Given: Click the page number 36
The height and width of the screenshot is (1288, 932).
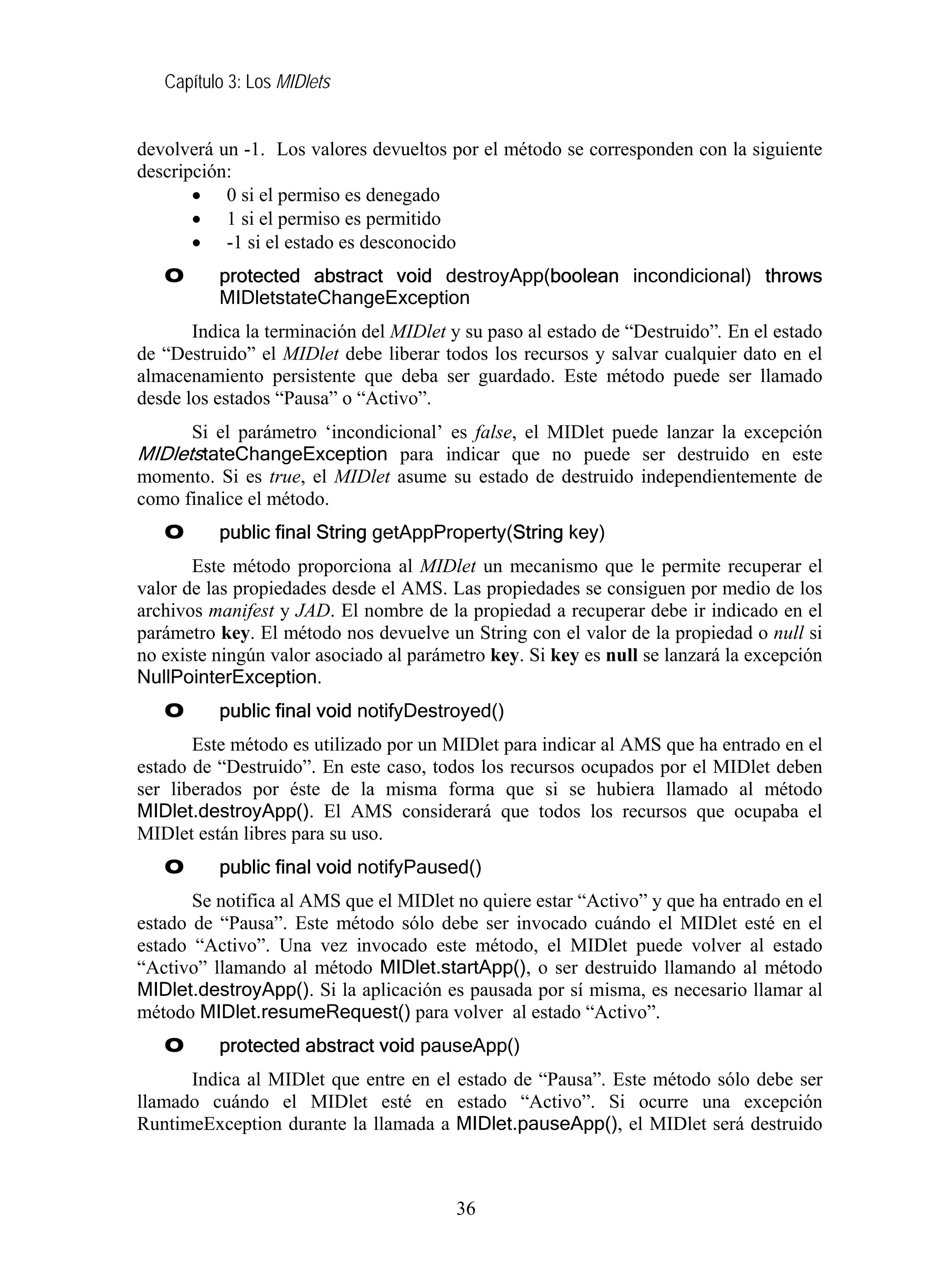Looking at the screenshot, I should point(466,1208).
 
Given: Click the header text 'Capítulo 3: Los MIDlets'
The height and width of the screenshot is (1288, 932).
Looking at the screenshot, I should point(247,82).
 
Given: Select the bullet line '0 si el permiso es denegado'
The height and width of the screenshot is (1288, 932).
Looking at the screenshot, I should point(333,195).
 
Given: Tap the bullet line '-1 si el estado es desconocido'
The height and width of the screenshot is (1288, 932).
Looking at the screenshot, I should point(341,243).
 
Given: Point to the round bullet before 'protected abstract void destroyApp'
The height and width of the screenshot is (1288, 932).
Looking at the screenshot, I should point(174,276).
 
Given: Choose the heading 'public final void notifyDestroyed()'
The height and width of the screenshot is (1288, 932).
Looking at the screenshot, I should point(361,711).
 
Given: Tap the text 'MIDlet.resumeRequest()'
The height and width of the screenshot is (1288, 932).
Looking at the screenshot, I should point(305,1012).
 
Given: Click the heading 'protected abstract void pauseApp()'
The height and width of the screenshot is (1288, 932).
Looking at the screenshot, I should point(369,1045).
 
